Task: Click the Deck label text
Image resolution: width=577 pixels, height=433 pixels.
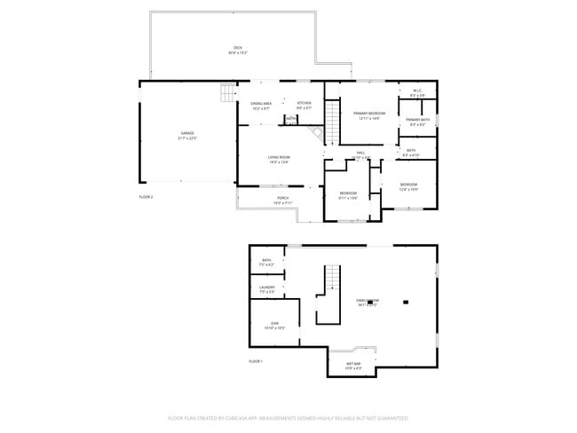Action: pos(237,48)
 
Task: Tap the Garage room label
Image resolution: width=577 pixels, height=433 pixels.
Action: pos(187,133)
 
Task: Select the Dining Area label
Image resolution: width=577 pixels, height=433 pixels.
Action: pos(260,105)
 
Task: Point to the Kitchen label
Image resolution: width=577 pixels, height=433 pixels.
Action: pos(304,104)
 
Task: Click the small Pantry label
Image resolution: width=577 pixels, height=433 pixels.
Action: pos(291,119)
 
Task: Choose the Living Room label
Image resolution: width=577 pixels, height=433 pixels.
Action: pos(279,158)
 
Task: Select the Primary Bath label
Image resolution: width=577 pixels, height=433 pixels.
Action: pos(418,121)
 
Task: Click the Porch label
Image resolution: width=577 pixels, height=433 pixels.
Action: pos(282,199)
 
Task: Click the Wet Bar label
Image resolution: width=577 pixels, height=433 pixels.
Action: pos(353,364)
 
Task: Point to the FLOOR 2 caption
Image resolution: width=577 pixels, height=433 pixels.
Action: pos(146,196)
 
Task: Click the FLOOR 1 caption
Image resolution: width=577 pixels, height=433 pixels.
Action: pos(257,362)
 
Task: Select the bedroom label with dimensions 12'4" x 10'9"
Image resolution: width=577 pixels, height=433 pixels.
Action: pos(408,185)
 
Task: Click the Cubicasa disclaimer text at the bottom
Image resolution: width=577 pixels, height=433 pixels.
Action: pos(288,417)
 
